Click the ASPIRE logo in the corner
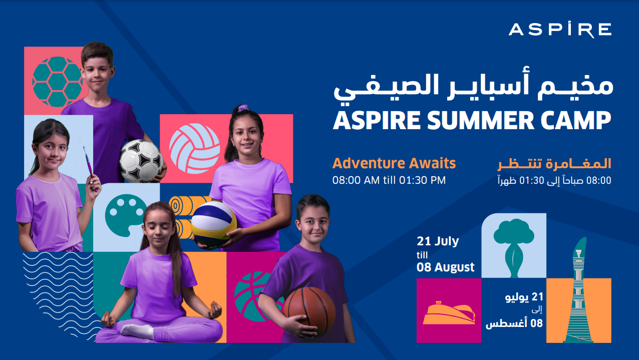560,30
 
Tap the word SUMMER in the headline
480,120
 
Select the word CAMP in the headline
576,120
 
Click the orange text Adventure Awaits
394,163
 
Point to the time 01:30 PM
422,180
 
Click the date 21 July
438,242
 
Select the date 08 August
445,267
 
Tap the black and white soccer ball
141,161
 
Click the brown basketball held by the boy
309,312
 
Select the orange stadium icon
449,313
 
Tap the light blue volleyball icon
194,149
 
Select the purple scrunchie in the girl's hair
243,108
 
